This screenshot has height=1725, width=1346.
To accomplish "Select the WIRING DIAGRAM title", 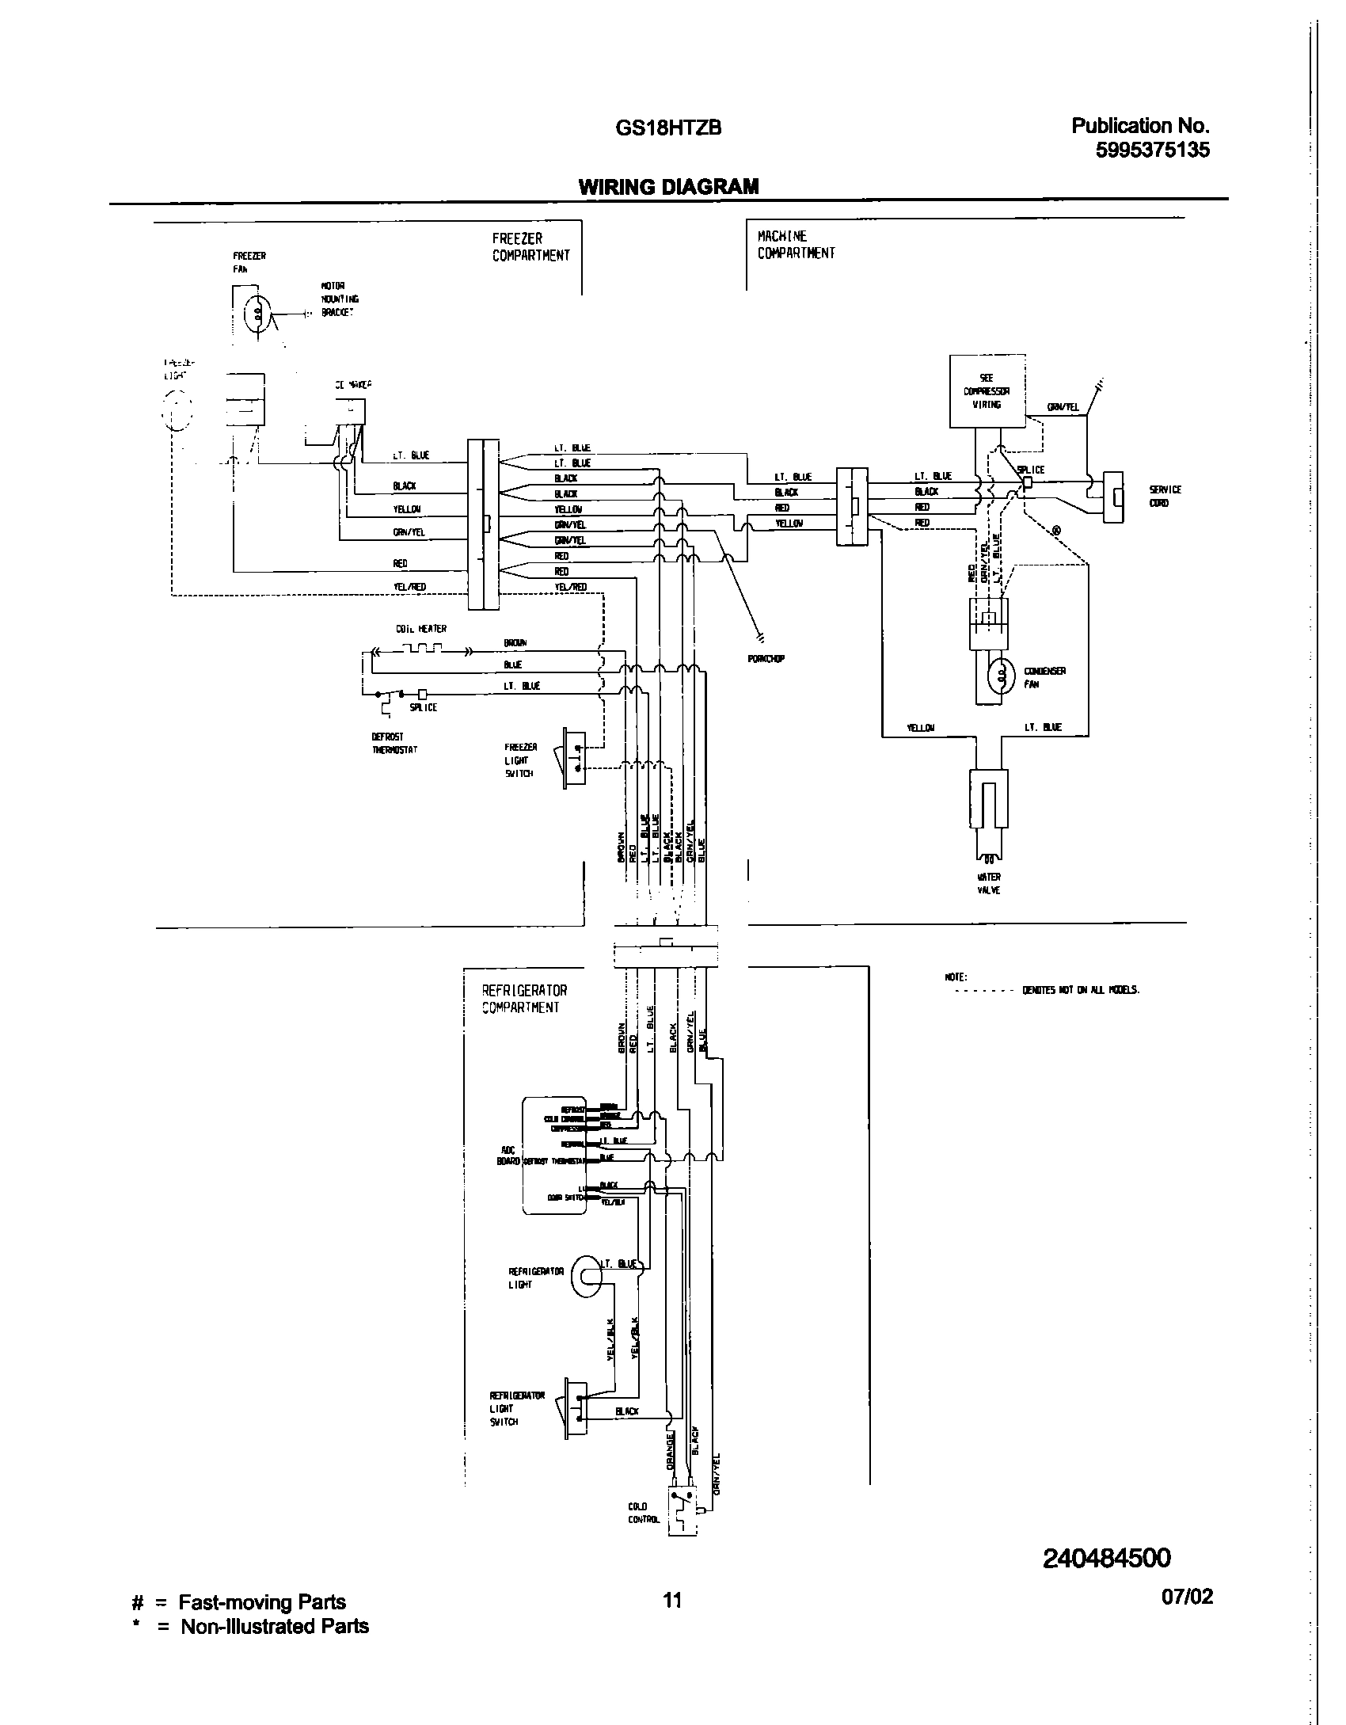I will pos(668,187).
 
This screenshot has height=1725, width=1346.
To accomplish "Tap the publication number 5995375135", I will pos(1152,150).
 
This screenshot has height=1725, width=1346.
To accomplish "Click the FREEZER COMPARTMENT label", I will pos(530,247).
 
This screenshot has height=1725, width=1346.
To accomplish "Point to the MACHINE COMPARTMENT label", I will pos(796,245).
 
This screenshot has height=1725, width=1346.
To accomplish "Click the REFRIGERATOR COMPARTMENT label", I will pos(524,999).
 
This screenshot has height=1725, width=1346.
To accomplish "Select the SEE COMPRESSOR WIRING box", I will pos(987,391).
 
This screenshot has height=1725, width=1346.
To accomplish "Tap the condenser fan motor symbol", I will pos(1001,675).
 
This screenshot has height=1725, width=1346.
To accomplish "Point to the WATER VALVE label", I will pos(990,883).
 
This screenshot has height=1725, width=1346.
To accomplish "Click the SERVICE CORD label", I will pos(1165,496).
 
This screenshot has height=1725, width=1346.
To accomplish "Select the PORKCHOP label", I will pos(766,659).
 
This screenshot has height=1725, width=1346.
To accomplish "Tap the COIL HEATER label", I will pos(421,629).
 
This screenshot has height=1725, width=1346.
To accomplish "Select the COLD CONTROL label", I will pos(639,1513).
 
